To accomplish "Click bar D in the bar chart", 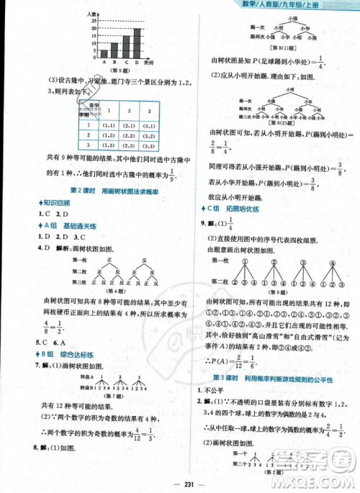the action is [137, 42].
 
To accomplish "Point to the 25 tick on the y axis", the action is [94, 21].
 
